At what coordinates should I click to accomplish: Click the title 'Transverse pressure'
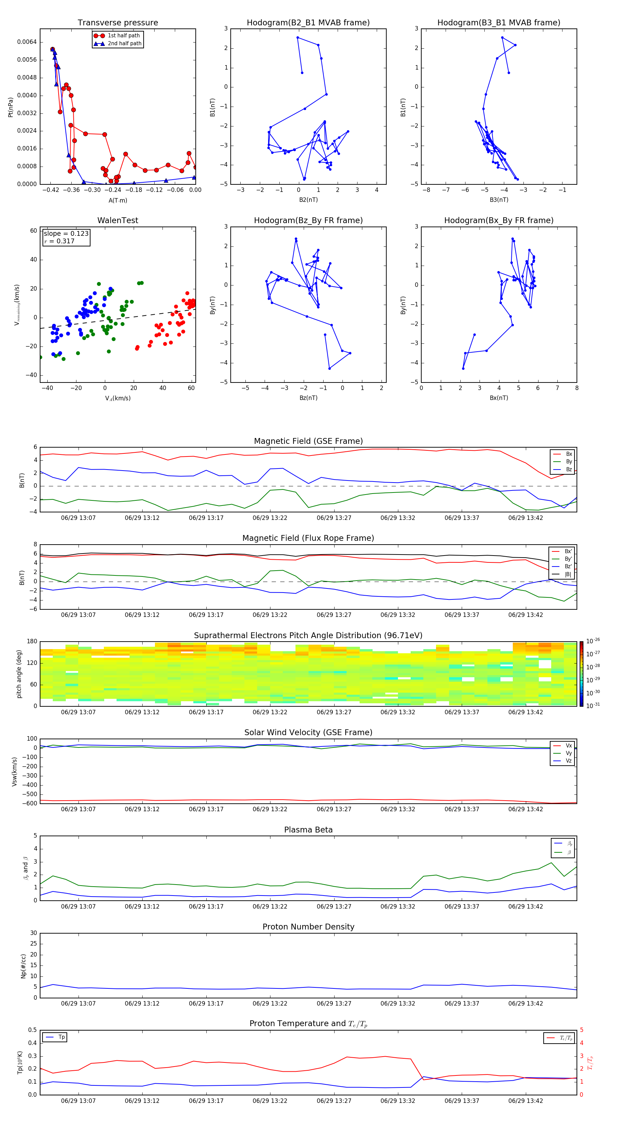[x=118, y=23]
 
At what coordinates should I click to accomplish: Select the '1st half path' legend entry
[x=123, y=36]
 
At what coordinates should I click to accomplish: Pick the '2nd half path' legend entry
[x=124, y=44]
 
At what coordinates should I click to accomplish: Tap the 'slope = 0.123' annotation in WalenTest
[x=66, y=234]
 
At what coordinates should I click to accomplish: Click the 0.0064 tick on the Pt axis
[x=27, y=42]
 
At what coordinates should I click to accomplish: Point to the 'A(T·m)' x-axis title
[x=118, y=200]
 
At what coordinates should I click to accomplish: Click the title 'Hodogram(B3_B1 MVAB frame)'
[x=498, y=23]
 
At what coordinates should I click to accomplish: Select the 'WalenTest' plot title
[x=118, y=220]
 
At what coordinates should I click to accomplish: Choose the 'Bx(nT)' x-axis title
[x=498, y=398]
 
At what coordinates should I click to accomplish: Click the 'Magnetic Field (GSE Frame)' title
[x=308, y=441]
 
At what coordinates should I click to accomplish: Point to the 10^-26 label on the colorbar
[x=593, y=641]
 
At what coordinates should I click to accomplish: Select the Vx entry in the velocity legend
[x=568, y=745]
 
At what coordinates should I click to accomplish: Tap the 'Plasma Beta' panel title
[x=308, y=830]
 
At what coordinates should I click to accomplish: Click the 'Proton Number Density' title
[x=308, y=927]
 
